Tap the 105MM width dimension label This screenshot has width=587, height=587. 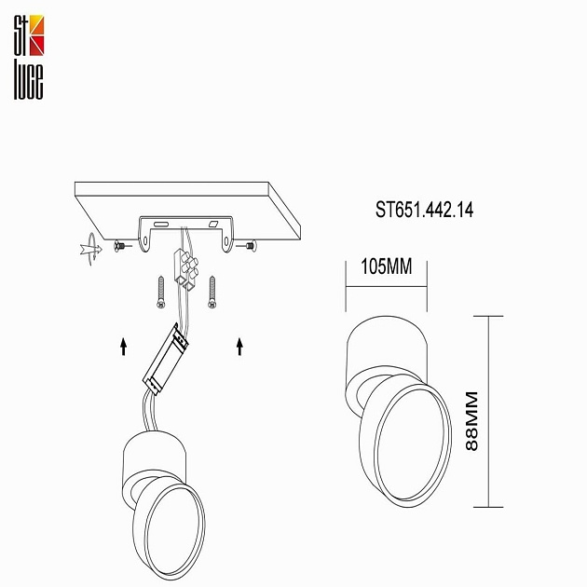[x=386, y=267]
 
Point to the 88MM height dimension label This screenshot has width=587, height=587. [x=472, y=421]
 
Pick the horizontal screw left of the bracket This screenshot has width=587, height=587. [x=120, y=245]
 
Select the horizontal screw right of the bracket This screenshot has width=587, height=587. [x=248, y=245]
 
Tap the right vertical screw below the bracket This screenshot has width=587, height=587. [x=213, y=291]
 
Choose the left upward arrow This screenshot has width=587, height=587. [x=124, y=347]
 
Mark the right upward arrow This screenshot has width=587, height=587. [x=239, y=347]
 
